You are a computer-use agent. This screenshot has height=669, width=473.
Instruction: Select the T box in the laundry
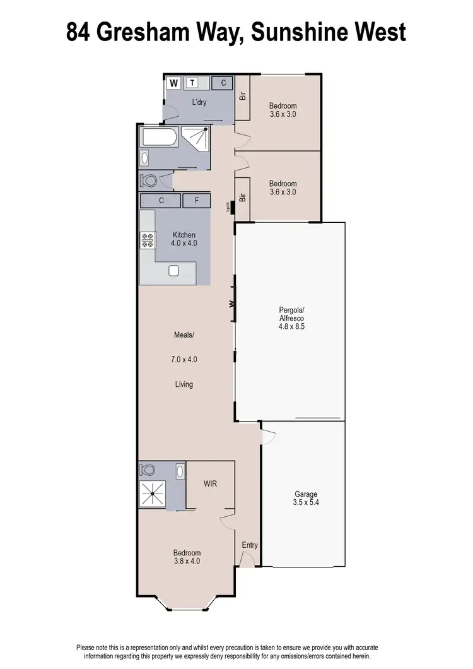[192, 82]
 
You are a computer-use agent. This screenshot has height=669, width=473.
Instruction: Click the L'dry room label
[199, 102]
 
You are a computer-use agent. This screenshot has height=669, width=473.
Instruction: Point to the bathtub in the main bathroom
[160, 137]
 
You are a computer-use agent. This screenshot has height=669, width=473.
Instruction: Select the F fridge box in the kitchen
[197, 201]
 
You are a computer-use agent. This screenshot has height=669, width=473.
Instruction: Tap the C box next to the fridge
[161, 201]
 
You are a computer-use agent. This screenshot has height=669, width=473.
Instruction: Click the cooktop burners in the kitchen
[148, 240]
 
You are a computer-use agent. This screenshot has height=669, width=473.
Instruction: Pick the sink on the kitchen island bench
[174, 271]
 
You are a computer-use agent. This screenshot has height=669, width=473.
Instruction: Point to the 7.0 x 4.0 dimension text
[184, 359]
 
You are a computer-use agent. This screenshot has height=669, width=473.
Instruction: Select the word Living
[184, 384]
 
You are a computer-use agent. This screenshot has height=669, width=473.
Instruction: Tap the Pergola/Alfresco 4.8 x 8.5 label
[291, 318]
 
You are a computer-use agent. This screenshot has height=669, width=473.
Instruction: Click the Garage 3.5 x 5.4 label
[306, 499]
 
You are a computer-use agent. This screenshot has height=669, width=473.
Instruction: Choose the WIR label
[211, 484]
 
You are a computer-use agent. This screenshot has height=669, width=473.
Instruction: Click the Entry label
[250, 545]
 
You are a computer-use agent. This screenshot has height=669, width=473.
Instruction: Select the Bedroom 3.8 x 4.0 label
[188, 557]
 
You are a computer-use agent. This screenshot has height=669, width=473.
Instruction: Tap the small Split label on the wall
[228, 206]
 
